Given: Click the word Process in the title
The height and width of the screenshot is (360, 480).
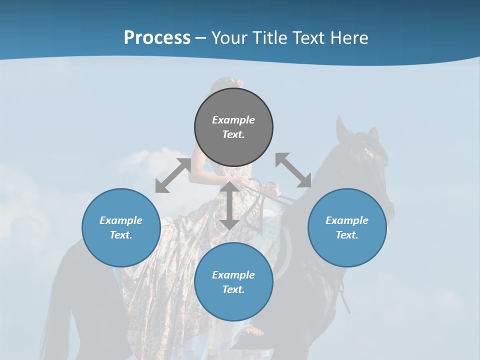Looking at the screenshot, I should tap(157, 38).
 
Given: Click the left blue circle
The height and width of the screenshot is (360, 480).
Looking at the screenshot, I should tap(121, 250).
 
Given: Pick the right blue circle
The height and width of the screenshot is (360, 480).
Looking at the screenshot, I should tap(346, 250).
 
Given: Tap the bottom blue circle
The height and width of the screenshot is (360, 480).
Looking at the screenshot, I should tap(233, 305).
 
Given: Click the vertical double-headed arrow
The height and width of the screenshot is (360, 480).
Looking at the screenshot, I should tap(229, 205).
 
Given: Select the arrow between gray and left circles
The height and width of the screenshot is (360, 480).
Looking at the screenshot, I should tap(173, 175).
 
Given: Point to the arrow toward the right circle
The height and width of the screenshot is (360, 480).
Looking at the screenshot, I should tap(293, 170).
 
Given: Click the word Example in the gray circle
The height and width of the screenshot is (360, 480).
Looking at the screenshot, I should tap(233, 120).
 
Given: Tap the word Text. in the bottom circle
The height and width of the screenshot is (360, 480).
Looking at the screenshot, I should tap(233, 289).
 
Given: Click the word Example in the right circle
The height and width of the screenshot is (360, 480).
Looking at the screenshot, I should tap(346, 220).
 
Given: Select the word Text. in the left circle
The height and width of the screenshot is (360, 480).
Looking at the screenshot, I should tap(121, 235).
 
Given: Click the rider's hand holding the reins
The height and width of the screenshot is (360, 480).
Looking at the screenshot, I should tap(272, 190).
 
